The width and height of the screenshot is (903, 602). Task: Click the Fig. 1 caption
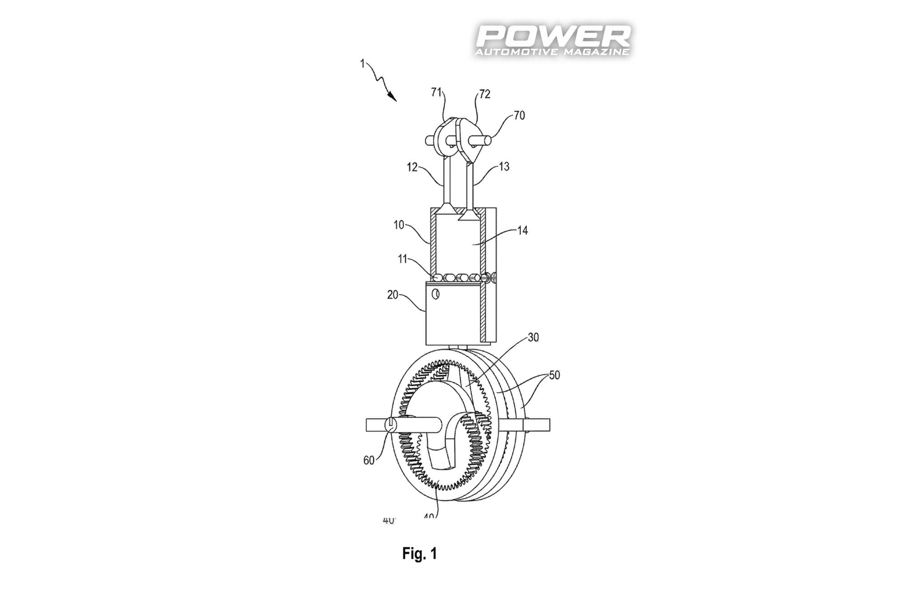[419, 553]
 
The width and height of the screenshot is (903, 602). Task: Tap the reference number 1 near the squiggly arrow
[362, 64]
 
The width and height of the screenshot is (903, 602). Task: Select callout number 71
[436, 92]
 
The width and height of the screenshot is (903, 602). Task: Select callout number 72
[484, 94]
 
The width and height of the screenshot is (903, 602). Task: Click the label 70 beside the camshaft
[519, 115]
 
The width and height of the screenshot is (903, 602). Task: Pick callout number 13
[504, 166]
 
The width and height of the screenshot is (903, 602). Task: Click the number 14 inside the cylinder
[522, 230]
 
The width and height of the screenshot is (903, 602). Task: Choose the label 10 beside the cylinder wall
[399, 224]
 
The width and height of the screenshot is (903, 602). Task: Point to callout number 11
[402, 259]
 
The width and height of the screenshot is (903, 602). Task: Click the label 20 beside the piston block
[392, 294]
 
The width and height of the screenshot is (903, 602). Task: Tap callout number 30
[533, 337]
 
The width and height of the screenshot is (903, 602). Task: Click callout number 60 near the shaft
[369, 460]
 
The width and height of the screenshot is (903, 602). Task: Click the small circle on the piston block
[436, 294]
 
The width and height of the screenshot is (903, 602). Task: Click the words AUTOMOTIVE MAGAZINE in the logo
[552, 52]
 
